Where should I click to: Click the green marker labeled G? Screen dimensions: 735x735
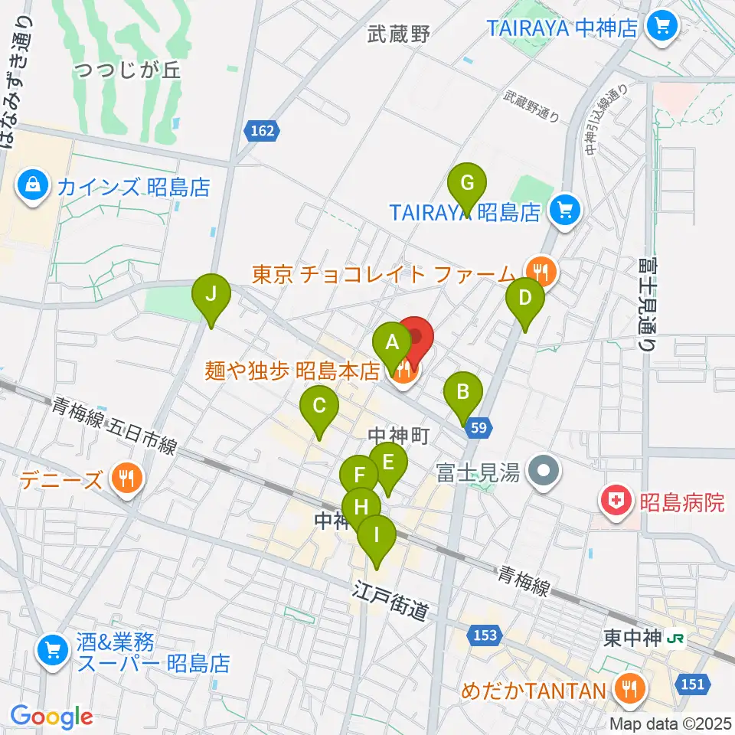469,185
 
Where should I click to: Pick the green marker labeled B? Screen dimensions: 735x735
463,394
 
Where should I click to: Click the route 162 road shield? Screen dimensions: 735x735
262,132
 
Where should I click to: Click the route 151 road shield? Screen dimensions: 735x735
692,684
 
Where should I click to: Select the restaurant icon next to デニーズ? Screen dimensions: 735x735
124,479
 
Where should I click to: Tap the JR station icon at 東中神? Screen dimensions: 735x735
675,637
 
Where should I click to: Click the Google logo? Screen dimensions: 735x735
52,717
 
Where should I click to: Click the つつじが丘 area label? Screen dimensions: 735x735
128,71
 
